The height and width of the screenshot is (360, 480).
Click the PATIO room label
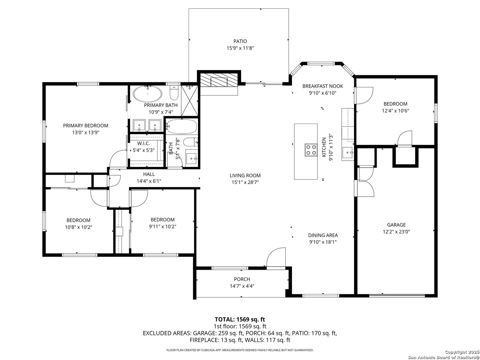[240, 41]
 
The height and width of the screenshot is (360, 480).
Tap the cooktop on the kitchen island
[311, 150]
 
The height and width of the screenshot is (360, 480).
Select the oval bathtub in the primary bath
[148, 94]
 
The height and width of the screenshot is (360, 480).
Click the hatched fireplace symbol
[219, 80]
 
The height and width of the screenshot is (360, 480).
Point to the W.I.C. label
[143, 143]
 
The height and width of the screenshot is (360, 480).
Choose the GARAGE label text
[396, 225]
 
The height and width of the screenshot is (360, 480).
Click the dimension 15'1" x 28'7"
[245, 182]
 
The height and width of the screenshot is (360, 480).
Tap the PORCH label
[242, 279]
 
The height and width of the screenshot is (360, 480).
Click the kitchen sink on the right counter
[348, 153]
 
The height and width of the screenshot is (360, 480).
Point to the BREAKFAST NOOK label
[323, 86]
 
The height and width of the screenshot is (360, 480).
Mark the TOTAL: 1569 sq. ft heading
[240, 320]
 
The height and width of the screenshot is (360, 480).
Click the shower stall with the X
[190, 101]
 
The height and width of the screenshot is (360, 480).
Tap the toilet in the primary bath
[174, 93]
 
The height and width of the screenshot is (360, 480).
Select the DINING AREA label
[323, 235]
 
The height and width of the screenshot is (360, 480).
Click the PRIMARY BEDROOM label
[86, 125]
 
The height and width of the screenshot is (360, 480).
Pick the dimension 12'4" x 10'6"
[395, 111]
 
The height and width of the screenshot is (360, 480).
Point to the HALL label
[149, 174]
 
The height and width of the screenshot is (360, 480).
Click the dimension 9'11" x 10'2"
[162, 226]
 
